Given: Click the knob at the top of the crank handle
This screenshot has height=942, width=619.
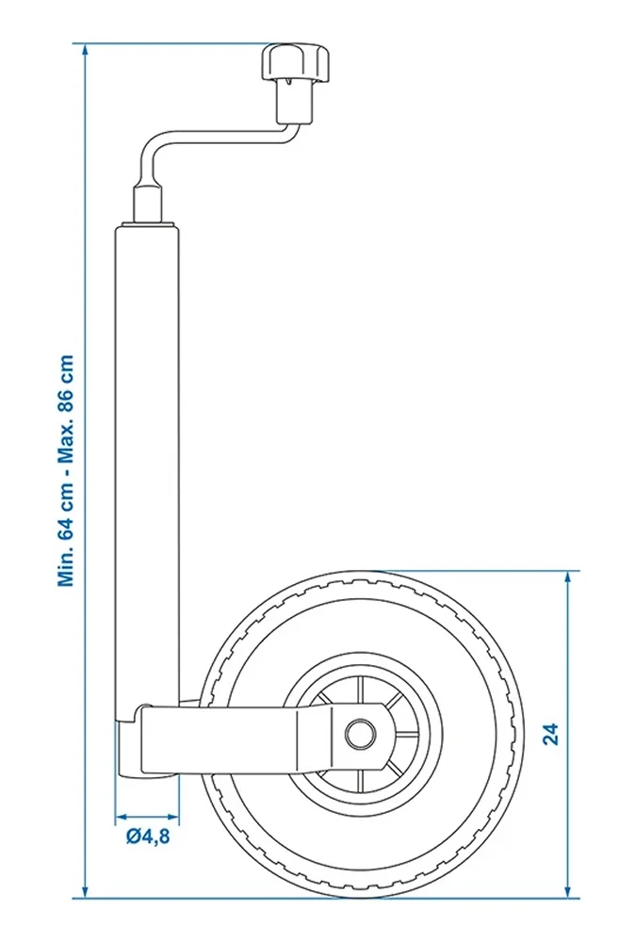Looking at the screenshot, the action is pos(296,63).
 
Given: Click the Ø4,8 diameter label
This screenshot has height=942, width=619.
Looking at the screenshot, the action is pos(148,836).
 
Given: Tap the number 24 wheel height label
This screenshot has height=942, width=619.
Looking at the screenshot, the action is pos(550,734).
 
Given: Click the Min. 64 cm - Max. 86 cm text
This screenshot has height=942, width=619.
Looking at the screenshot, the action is pos(66,470).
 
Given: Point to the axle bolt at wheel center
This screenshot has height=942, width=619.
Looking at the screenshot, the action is pos(360,733).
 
